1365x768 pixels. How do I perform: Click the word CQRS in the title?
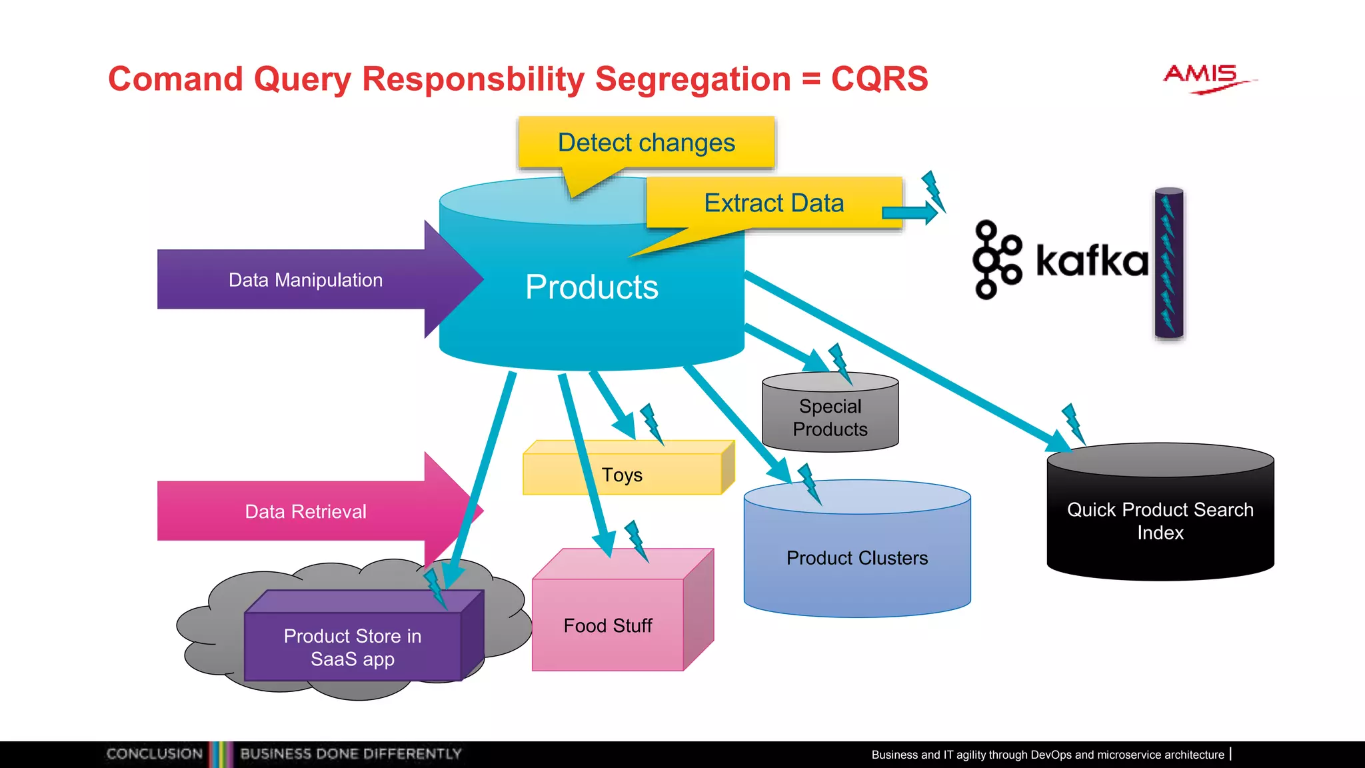pyautogui.click(x=879, y=79)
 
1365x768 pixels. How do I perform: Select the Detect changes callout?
pyautogui.click(x=646, y=143)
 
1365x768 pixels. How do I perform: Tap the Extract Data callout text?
pyautogui.click(x=774, y=203)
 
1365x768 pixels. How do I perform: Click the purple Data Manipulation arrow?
pyautogui.click(x=306, y=279)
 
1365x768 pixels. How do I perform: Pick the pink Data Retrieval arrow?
pyautogui.click(x=306, y=511)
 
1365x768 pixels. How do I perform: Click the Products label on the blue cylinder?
pyautogui.click(x=591, y=287)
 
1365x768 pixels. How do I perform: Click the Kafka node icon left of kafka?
pyautogui.click(x=996, y=260)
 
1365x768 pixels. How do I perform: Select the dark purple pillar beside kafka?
pyautogui.click(x=1169, y=264)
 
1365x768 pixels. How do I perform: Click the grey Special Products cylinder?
pyautogui.click(x=830, y=417)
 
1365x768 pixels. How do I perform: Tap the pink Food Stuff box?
pyautogui.click(x=608, y=625)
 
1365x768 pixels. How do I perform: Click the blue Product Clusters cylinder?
pyautogui.click(x=856, y=557)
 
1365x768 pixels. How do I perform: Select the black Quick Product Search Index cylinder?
pyautogui.click(x=1160, y=521)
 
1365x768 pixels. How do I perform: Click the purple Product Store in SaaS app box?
pyautogui.click(x=353, y=647)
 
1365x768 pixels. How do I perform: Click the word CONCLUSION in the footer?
pyautogui.click(x=155, y=754)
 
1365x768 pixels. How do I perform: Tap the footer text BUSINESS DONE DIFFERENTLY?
pyautogui.click(x=351, y=754)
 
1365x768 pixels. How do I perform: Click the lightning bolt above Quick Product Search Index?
pyautogui.click(x=1073, y=423)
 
